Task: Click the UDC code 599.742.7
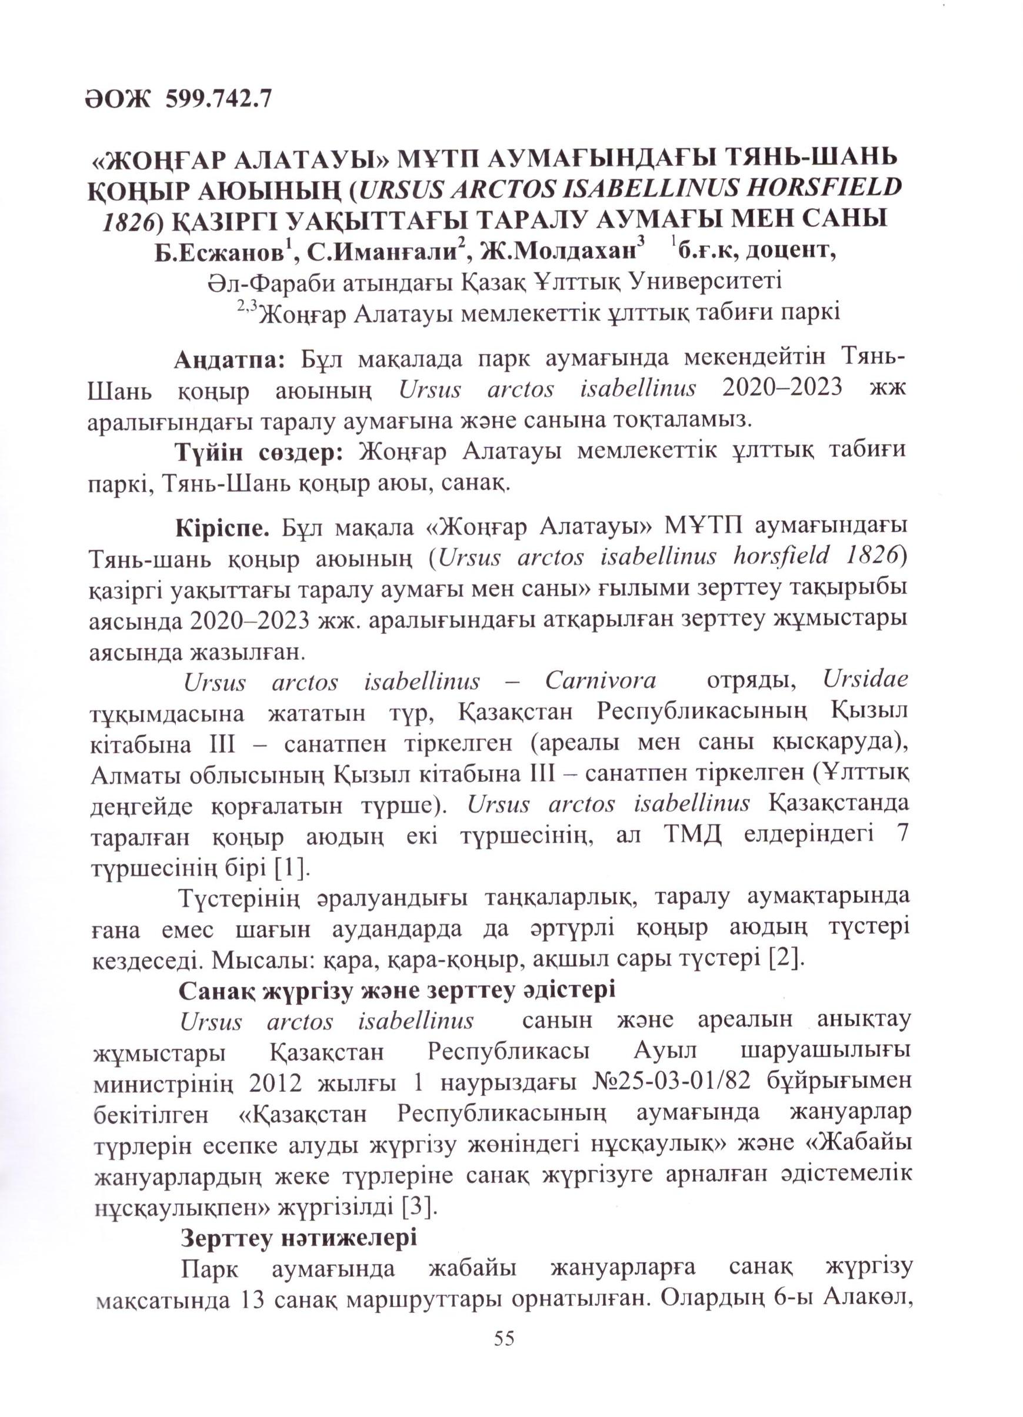tap(218, 99)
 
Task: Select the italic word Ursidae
tap(865, 680)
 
